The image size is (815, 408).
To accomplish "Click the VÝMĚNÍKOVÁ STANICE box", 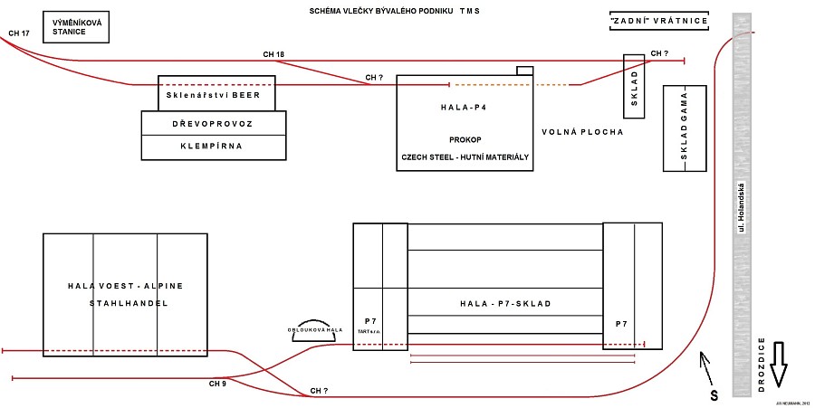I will point(75,27).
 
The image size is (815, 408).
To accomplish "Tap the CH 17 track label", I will point(19,33).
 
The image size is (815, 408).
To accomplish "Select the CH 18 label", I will point(273,55).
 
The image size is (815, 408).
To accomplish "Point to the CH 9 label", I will point(217,384).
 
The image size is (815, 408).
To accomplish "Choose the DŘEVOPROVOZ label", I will point(214,123).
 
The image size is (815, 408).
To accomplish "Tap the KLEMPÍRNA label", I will point(214,145).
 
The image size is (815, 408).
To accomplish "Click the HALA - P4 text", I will point(464,107).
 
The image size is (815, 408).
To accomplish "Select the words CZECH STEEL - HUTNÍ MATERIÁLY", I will point(465,157).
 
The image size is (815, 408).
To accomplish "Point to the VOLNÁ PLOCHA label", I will point(582,132).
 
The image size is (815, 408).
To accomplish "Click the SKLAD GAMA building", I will point(686,128).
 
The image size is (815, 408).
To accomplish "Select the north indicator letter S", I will point(714,396).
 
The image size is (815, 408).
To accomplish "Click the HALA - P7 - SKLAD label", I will point(505,303).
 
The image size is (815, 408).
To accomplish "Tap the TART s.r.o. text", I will point(369,332).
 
